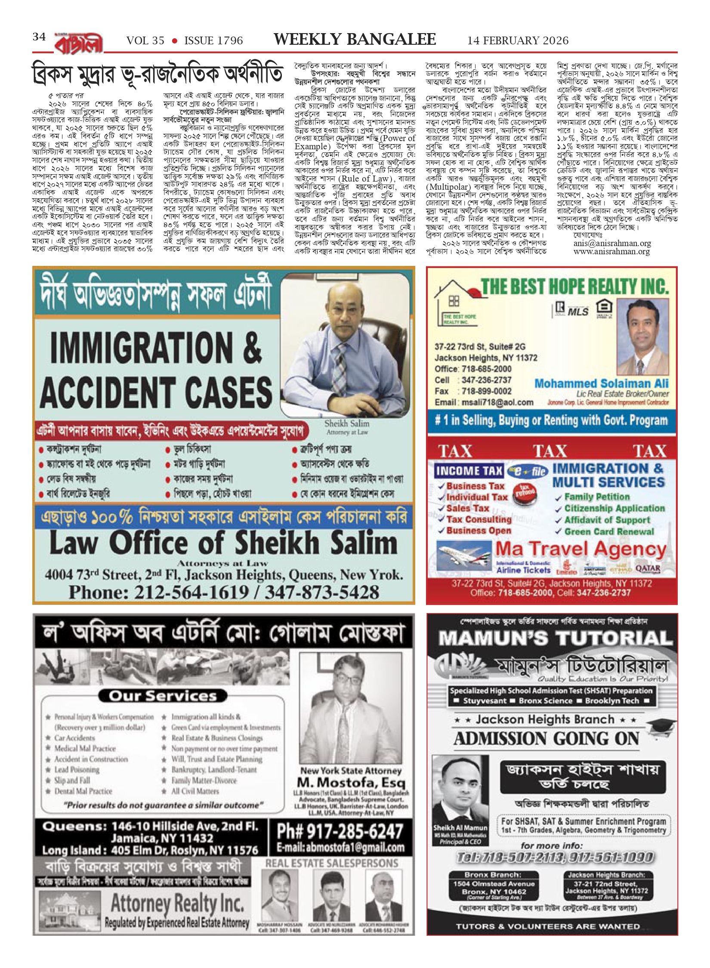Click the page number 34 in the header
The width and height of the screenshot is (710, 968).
[39, 37]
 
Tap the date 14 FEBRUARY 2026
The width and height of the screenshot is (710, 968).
[518, 41]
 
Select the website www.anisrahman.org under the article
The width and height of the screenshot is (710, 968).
[611, 251]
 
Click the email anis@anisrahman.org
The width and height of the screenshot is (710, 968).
[612, 243]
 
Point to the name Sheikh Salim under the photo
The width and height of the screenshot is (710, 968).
[347, 423]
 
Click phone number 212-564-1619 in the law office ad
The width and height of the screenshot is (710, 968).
[191, 593]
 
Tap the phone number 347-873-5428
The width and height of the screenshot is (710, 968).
[322, 593]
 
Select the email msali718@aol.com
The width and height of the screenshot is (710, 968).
[496, 402]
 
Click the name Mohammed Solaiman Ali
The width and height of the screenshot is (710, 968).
[601, 383]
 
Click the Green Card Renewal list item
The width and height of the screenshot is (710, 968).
[608, 531]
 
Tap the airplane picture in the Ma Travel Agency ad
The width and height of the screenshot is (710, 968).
[463, 557]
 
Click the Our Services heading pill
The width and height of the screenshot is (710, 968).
[162, 696]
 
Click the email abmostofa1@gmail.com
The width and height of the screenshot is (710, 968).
[340, 848]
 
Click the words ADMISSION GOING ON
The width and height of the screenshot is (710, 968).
[546, 738]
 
